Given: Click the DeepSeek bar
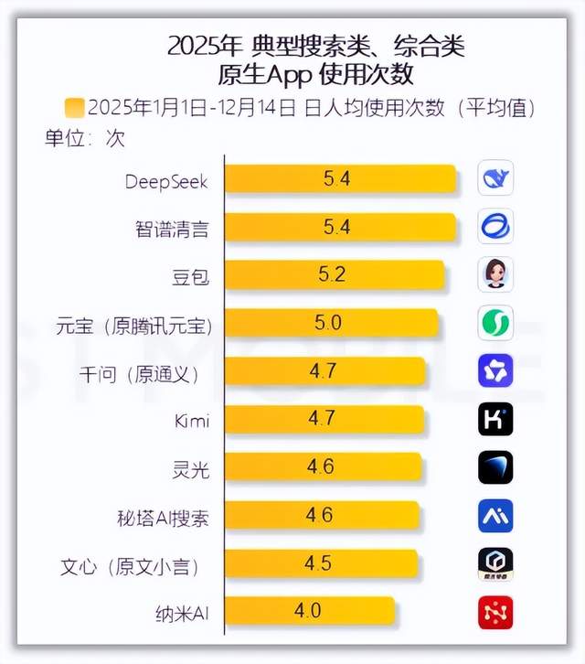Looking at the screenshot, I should click(340, 179).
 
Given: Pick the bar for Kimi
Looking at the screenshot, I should click(324, 420).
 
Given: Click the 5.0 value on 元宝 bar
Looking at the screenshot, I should click(327, 323).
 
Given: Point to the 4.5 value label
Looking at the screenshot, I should click(318, 563).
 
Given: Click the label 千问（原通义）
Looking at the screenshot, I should click(140, 373).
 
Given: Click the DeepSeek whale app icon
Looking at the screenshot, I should click(495, 178).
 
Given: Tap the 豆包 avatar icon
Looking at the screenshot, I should click(495, 274).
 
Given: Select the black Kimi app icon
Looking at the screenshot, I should click(495, 420).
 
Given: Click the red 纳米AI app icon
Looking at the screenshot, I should click(495, 612).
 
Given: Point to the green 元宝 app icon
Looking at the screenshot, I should click(495, 323).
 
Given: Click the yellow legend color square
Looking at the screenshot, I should click(75, 108).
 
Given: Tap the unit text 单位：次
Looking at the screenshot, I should click(85, 139).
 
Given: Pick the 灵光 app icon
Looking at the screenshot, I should click(495, 467).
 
